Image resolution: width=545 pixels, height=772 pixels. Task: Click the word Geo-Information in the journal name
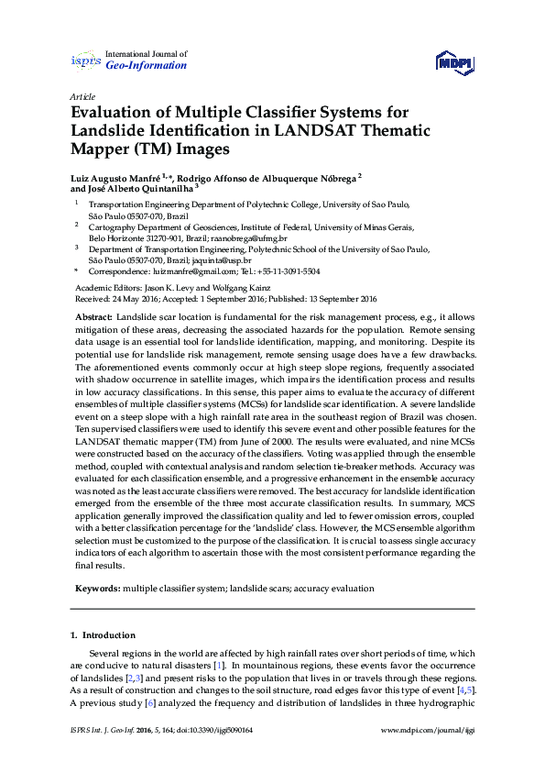coord(147,66)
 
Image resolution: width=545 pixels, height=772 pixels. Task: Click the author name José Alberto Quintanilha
coord(130,187)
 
